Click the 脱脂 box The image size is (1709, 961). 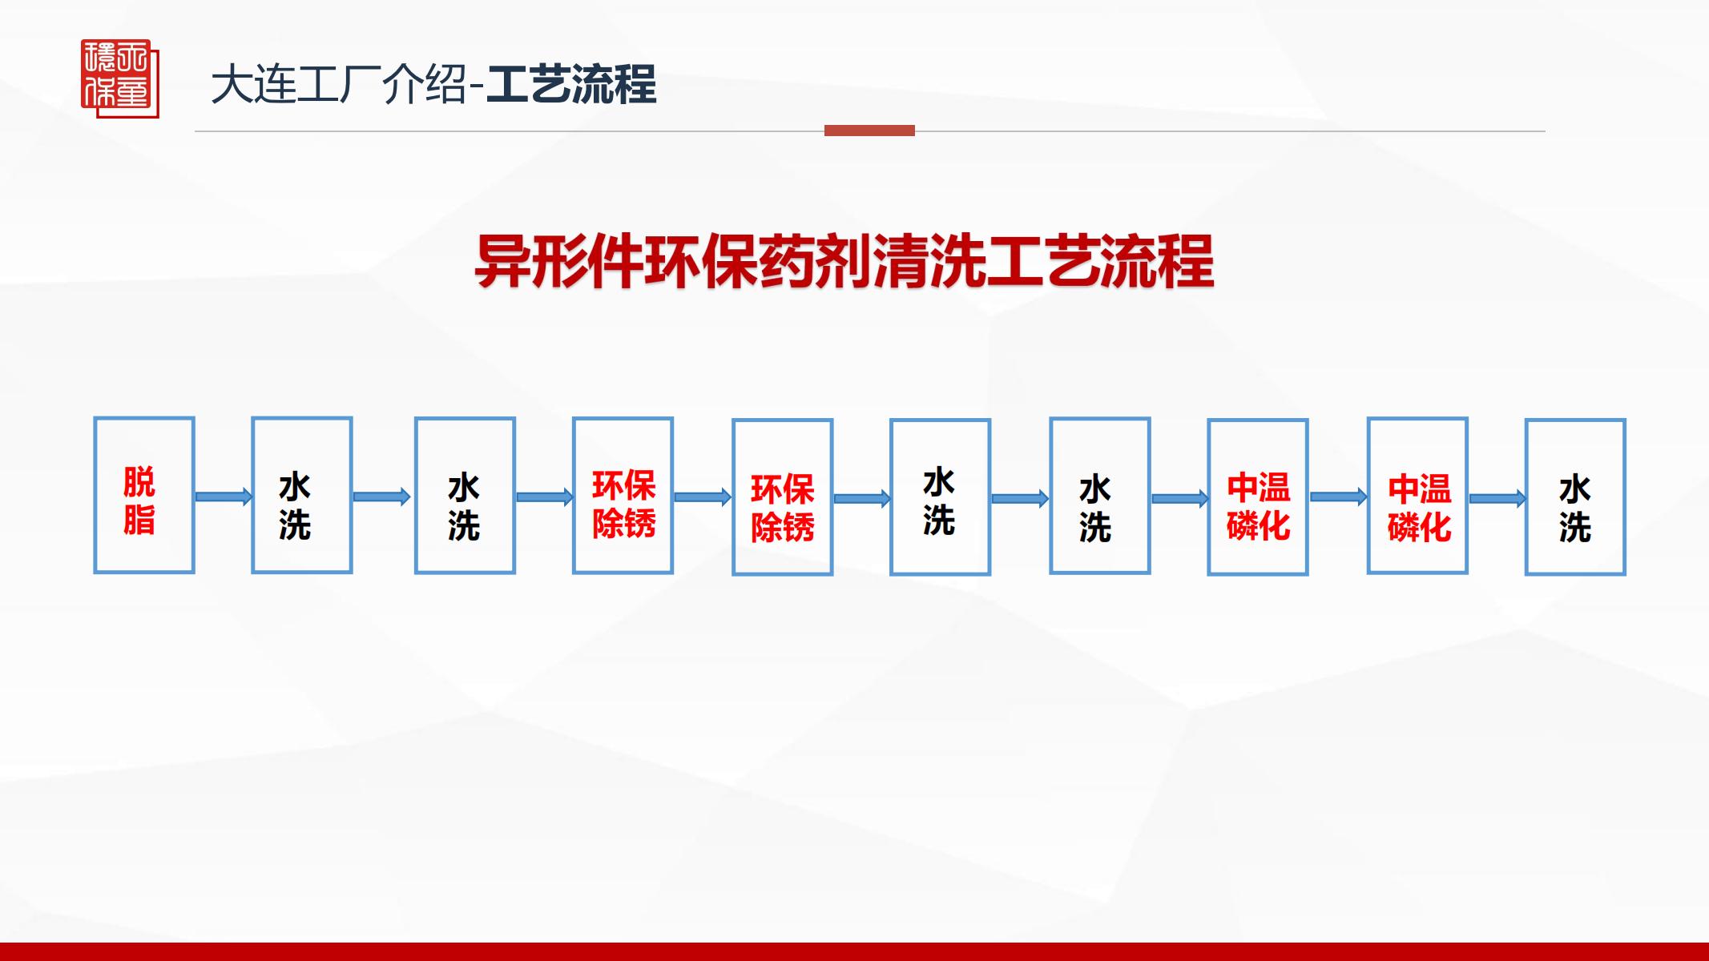tap(144, 495)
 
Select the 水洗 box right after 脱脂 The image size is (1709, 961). tap(302, 495)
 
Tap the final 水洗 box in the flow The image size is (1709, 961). tap(1575, 497)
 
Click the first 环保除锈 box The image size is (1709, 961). tap(623, 495)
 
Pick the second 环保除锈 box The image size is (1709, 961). tap(782, 497)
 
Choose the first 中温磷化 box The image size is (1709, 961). tap(1258, 497)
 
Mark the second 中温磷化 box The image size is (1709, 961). tap(1417, 495)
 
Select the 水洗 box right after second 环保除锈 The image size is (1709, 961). tap(940, 497)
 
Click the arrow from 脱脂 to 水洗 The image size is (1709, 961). tap(224, 497)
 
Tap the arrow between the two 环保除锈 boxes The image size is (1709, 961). tap(703, 497)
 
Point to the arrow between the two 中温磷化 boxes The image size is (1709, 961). tap(1338, 497)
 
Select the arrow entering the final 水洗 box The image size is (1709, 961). tap(1497, 498)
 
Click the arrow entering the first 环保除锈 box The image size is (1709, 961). tap(544, 497)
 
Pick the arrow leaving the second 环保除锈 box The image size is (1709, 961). tap(861, 498)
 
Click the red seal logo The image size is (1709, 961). tap(120, 78)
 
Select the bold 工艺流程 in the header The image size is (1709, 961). tap(571, 85)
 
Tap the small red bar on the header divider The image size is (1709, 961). tap(869, 131)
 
